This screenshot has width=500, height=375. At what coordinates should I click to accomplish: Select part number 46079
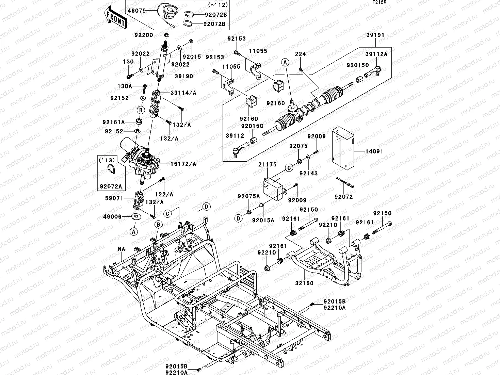(137, 11)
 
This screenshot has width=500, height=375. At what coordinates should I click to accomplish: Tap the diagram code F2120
(379, 2)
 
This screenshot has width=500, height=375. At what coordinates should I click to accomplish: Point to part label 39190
(184, 76)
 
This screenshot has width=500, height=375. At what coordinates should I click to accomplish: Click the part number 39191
(375, 35)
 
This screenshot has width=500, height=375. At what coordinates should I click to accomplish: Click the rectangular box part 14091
(343, 148)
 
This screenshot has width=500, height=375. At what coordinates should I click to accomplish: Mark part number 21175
(267, 165)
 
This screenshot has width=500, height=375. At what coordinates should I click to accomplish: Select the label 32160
(304, 283)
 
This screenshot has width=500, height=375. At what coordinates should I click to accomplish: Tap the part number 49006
(112, 216)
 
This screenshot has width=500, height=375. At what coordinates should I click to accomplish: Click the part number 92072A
(111, 186)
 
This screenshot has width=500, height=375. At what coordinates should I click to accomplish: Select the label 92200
(144, 35)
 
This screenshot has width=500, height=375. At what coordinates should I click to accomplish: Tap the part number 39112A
(377, 54)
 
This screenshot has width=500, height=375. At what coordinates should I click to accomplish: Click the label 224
(300, 54)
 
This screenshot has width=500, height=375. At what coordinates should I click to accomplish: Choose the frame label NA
(122, 249)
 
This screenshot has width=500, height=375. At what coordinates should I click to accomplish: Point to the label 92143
(308, 173)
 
